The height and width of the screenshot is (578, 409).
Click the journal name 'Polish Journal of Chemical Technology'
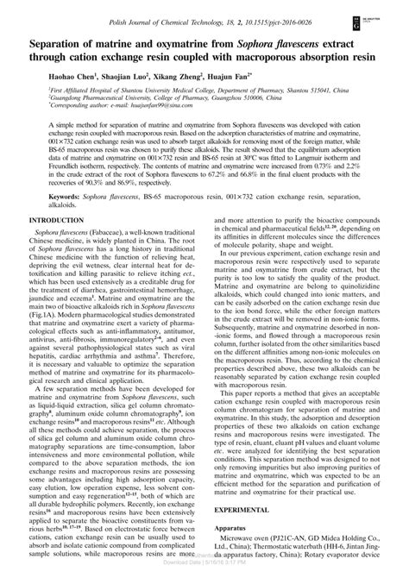153,8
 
